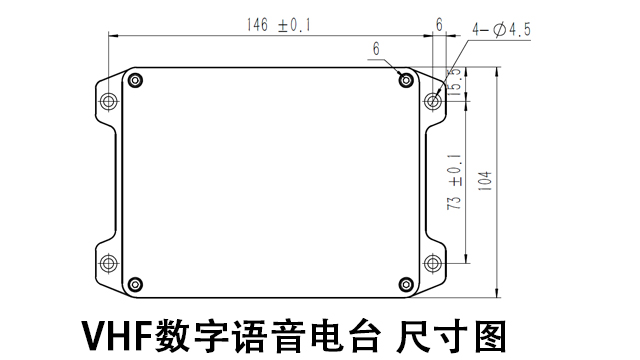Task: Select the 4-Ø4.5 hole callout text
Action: (x=503, y=30)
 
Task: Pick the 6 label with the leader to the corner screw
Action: (x=376, y=48)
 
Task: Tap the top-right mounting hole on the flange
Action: (x=433, y=100)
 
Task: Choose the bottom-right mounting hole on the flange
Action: (x=433, y=263)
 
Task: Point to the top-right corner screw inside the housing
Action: (x=405, y=79)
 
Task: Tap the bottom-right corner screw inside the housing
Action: (x=405, y=284)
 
